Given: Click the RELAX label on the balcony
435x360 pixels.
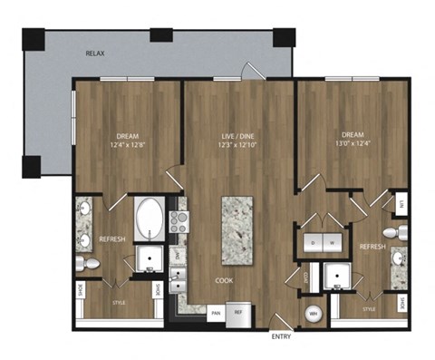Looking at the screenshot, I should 95,54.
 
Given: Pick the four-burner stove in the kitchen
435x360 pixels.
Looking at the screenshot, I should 178,222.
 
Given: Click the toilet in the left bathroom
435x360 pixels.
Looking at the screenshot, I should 88,264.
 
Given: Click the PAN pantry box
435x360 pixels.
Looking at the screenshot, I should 216,313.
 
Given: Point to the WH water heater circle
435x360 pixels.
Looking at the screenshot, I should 314,314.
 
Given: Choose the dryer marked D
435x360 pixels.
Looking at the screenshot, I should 311,243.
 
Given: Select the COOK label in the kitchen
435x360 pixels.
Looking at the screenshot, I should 222,280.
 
